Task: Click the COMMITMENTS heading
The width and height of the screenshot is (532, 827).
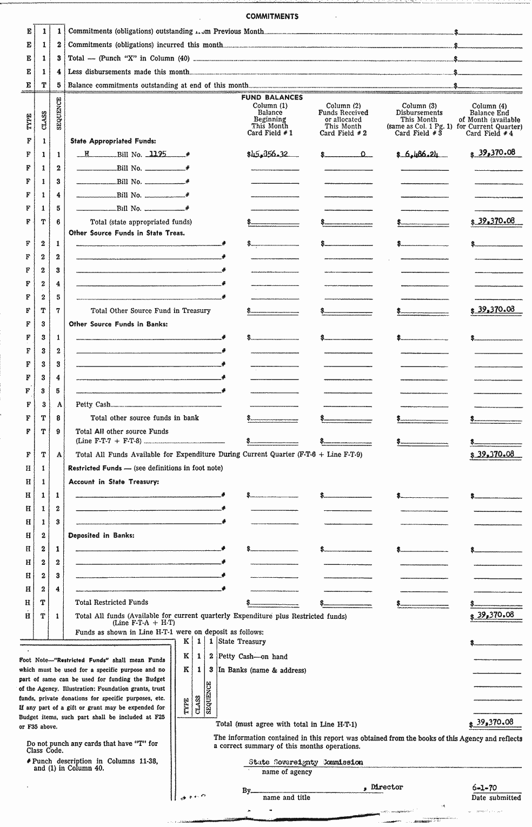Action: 272,16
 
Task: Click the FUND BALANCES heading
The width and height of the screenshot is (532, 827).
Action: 272,98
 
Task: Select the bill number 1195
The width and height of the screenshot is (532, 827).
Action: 158,154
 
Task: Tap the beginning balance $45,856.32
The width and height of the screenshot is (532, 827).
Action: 268,154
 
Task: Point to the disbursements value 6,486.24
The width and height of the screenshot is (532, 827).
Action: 418,154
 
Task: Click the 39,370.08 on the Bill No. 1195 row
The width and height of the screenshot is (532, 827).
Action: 496,153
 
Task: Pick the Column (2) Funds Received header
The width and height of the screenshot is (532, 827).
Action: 343,119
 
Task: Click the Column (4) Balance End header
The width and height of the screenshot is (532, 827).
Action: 489,119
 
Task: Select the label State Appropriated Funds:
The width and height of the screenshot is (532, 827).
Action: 113,141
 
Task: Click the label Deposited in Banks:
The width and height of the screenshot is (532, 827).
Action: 101,536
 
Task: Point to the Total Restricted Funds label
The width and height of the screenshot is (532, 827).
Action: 111,602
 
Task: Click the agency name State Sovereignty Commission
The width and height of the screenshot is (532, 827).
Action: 305,762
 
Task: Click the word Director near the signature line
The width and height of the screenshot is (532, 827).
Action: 387,787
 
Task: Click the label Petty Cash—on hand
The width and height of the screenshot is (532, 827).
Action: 252,656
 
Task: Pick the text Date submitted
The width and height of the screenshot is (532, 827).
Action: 496,797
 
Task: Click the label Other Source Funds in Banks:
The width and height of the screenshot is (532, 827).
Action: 118,324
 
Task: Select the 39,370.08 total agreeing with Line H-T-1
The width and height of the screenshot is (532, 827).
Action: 495,722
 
